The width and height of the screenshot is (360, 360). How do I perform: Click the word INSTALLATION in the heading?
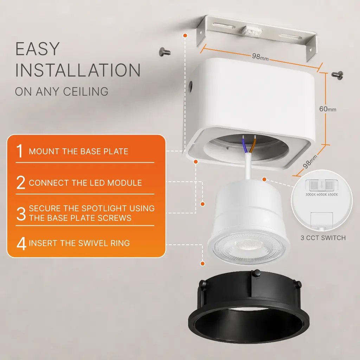point(78,70)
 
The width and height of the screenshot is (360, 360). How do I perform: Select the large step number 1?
point(20,151)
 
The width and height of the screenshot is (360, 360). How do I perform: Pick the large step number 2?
point(21,182)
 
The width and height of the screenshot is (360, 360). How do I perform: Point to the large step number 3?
point(21,213)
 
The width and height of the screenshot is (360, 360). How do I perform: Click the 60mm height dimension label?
point(328,109)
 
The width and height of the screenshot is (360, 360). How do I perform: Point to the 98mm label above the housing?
point(260,57)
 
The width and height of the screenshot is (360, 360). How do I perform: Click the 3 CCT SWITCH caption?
point(323,238)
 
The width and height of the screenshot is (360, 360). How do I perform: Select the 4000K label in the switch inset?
point(322,195)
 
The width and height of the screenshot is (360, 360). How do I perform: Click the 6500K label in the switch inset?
point(333,195)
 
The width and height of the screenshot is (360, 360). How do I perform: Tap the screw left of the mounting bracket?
point(165,52)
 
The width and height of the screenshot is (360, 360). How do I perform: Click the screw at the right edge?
point(337,75)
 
